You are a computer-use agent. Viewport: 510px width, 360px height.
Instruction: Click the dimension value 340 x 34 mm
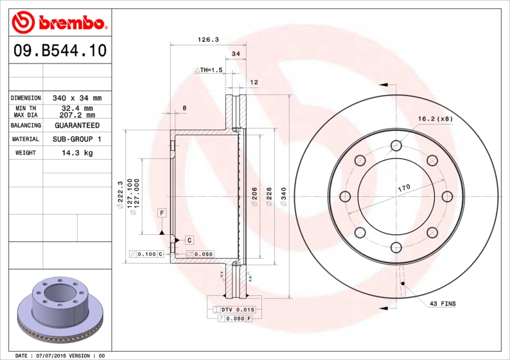[x=77, y=98]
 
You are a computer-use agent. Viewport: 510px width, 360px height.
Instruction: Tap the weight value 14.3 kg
[x=77, y=153]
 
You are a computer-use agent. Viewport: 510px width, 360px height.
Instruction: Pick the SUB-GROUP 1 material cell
[x=77, y=139]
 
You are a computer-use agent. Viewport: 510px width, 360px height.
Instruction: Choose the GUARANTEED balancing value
[x=77, y=125]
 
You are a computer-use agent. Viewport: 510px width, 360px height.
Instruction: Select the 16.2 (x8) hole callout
[x=435, y=119]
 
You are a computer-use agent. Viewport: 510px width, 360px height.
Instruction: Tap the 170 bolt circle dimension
[x=403, y=188]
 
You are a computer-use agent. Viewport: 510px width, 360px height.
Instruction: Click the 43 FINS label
[x=443, y=303]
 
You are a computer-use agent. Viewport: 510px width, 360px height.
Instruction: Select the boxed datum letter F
[x=162, y=212]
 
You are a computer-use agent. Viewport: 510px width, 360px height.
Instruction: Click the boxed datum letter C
[x=189, y=240]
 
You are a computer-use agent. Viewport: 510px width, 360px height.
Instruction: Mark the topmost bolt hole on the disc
[x=396, y=146]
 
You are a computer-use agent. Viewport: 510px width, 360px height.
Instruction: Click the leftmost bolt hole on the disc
[x=345, y=196]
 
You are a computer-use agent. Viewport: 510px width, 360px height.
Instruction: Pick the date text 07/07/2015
[x=51, y=355]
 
